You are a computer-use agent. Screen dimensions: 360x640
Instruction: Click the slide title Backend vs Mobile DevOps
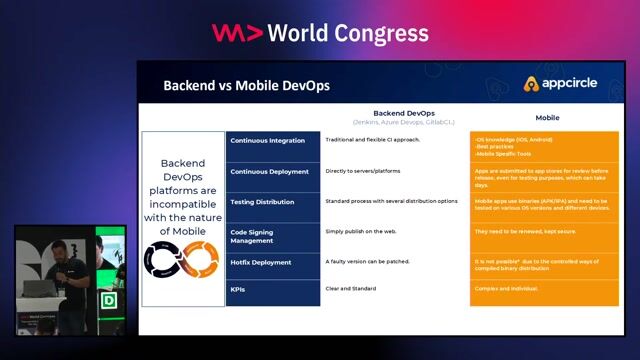246,86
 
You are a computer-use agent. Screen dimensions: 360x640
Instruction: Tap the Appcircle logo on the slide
562,84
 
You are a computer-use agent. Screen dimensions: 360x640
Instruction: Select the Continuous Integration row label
267,141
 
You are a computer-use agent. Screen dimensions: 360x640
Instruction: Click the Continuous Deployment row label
269,171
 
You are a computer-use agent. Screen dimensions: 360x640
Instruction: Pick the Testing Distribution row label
263,201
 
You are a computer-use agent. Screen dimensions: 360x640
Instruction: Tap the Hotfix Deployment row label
262,262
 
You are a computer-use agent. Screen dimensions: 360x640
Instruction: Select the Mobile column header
547,118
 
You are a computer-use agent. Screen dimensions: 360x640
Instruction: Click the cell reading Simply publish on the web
361,231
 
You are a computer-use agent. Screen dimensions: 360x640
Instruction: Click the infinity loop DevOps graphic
183,260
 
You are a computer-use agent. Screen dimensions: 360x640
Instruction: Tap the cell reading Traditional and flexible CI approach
373,140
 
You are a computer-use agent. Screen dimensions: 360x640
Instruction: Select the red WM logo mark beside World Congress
237,32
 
